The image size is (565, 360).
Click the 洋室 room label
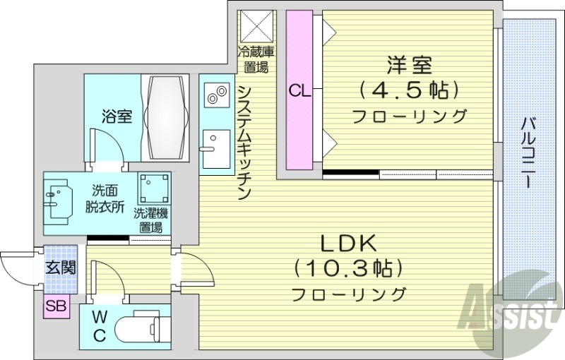pyautogui.click(x=409, y=66)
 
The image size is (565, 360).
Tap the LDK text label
pyautogui.click(x=348, y=244)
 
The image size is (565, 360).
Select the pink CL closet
pyautogui.click(x=299, y=90)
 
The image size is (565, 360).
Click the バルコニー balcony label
pyautogui.click(x=527, y=152)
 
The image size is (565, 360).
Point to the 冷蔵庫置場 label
pyautogui.click(x=256, y=60)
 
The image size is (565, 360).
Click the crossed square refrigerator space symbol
pyautogui.click(x=256, y=26)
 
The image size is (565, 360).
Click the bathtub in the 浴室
pyautogui.click(x=167, y=116)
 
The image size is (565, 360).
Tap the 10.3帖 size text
pyautogui.click(x=348, y=269)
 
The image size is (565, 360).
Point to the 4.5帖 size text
pyautogui.click(x=409, y=90)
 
